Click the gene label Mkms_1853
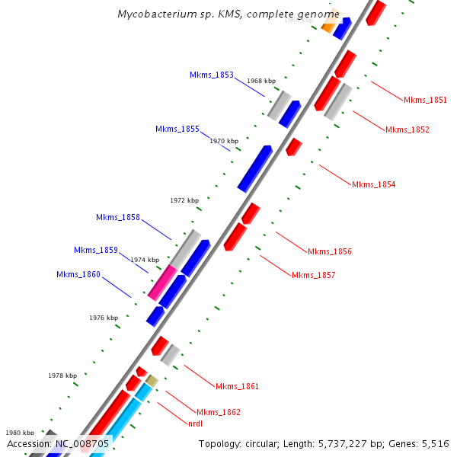click(212, 75)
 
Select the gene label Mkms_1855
click(177, 129)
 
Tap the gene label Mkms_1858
click(118, 217)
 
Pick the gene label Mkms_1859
click(96, 250)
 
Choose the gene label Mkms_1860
click(78, 274)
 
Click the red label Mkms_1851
click(426, 100)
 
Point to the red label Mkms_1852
click(407, 129)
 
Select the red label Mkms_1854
click(374, 184)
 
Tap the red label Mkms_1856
click(330, 251)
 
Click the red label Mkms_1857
click(314, 275)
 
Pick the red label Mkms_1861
click(238, 386)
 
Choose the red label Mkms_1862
click(219, 412)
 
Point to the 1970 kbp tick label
click(224, 141)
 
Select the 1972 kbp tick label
click(184, 200)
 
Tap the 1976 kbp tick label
click(104, 318)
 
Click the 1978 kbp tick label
click(62, 376)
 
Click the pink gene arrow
click(162, 283)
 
